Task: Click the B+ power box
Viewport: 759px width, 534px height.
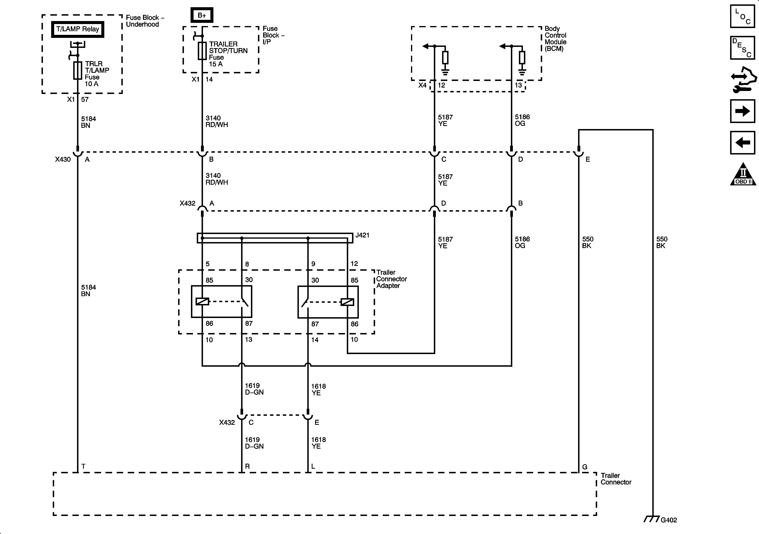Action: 202,15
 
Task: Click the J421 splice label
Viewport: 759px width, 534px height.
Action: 362,235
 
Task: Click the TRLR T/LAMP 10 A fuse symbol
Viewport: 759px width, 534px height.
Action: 78,70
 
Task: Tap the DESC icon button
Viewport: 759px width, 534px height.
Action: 743,48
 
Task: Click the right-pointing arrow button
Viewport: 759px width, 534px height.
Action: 743,111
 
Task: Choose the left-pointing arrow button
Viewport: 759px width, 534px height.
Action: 743,143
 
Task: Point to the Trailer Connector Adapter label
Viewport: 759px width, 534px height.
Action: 391,279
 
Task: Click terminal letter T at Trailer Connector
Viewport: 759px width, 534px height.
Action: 83,466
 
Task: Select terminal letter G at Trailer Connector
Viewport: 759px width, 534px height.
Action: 584,467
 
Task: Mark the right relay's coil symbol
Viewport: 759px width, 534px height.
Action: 347,302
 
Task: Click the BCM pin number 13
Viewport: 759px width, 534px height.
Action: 518,85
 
